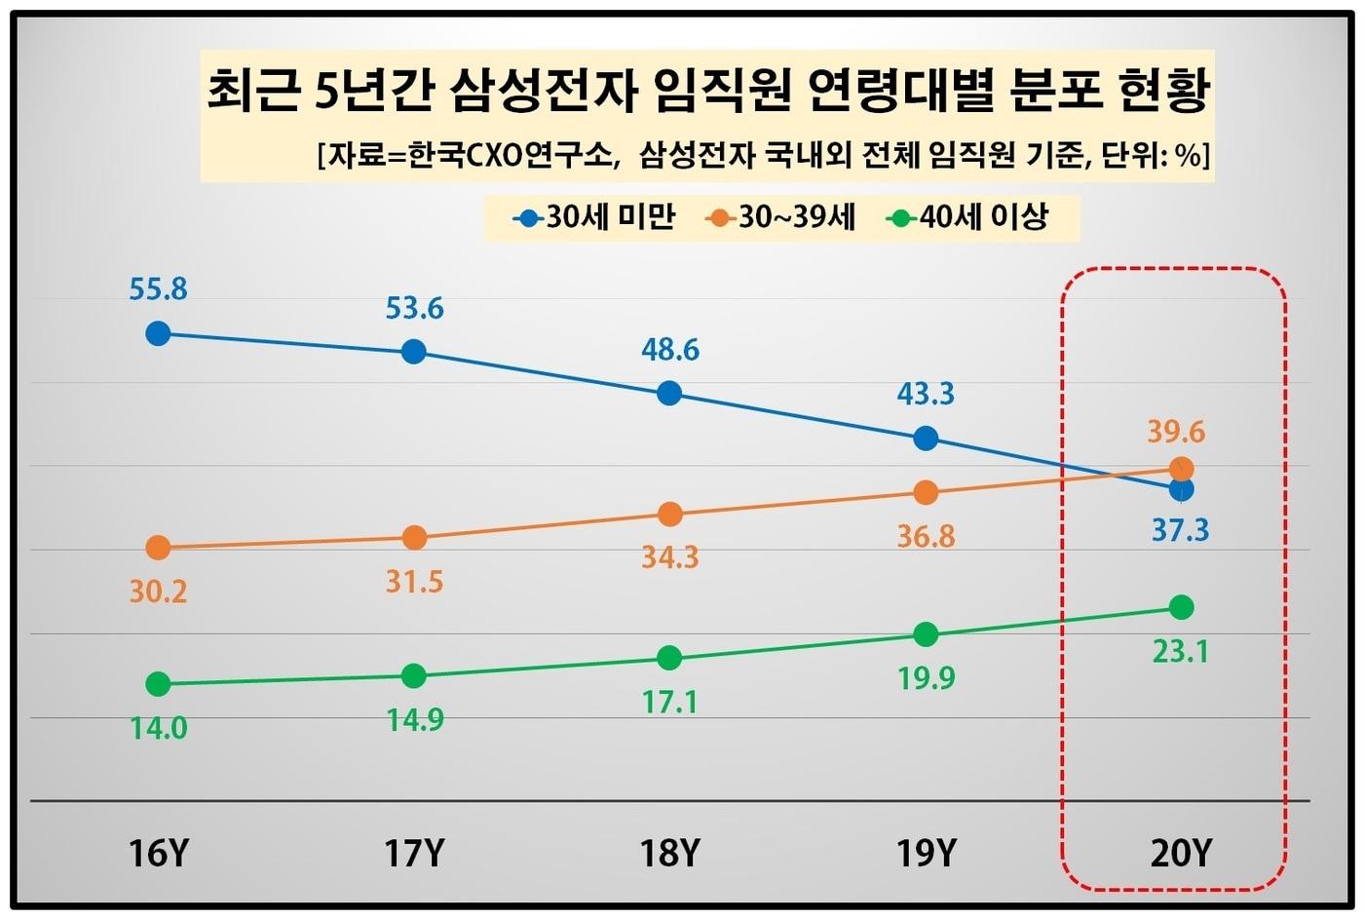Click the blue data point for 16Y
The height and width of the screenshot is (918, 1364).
pos(158,333)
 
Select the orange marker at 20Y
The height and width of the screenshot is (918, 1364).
pos(1180,469)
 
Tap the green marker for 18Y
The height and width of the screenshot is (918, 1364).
pos(669,658)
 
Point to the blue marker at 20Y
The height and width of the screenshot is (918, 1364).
pos(1181,489)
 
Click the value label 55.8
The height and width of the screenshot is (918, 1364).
pos(158,289)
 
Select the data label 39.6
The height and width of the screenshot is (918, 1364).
pos(1176,431)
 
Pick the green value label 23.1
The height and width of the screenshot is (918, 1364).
pos(1180,651)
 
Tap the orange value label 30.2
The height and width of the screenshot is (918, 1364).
pos(158,592)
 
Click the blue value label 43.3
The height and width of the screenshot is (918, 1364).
pos(925,394)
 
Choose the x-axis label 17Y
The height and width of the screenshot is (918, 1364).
pos(414,854)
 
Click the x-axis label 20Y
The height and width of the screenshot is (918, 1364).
pos(1180,854)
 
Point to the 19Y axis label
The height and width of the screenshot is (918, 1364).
pos(925,854)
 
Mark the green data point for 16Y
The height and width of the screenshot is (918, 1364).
pos(158,684)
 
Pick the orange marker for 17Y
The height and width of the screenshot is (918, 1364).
pos(414,537)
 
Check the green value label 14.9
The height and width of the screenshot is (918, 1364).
pos(414,719)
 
